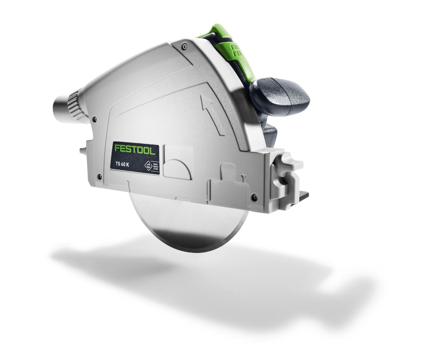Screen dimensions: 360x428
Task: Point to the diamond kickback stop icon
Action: coord(148,165)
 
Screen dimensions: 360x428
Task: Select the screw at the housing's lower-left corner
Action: coord(98,177)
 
